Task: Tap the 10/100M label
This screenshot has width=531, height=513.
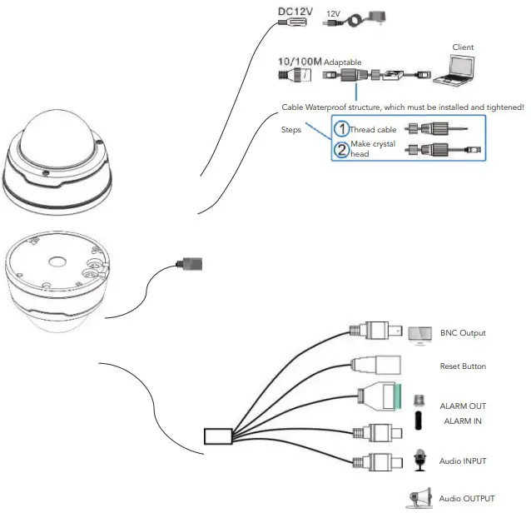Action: click(x=299, y=62)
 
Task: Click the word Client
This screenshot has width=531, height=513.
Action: click(x=463, y=47)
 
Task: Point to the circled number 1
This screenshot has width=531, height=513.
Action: click(x=340, y=129)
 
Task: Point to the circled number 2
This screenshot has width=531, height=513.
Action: click(x=340, y=150)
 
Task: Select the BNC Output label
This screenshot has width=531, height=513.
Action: click(x=462, y=333)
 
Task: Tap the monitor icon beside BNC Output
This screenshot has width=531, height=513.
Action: click(x=420, y=334)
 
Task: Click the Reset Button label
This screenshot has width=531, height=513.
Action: click(x=463, y=366)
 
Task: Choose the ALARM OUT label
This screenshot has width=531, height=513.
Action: click(x=462, y=406)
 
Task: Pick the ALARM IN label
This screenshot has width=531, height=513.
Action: click(x=462, y=421)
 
